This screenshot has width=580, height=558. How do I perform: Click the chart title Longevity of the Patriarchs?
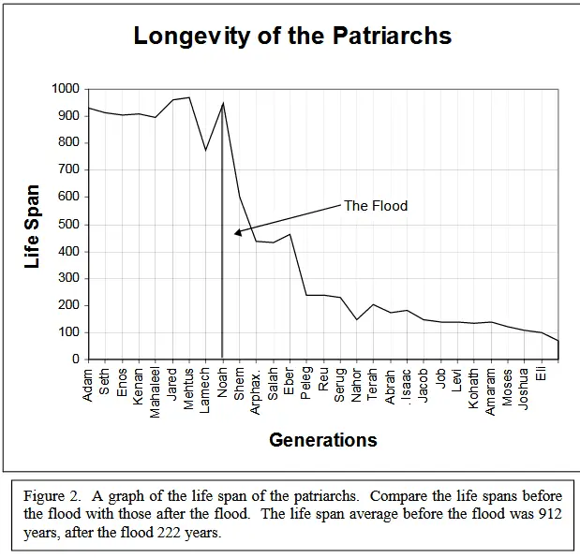click(292, 37)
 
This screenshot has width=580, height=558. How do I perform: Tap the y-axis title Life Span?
click(33, 224)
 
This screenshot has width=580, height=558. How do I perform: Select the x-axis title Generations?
click(323, 439)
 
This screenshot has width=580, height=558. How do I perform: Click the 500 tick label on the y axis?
click(68, 224)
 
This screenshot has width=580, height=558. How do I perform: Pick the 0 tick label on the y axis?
click(76, 360)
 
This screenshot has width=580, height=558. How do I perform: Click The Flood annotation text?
click(376, 206)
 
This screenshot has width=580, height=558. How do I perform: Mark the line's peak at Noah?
click(222, 102)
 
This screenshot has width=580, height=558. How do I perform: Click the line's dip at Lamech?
click(206, 150)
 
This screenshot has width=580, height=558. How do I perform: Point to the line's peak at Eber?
click(290, 234)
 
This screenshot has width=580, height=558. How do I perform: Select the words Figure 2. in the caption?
click(52, 496)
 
